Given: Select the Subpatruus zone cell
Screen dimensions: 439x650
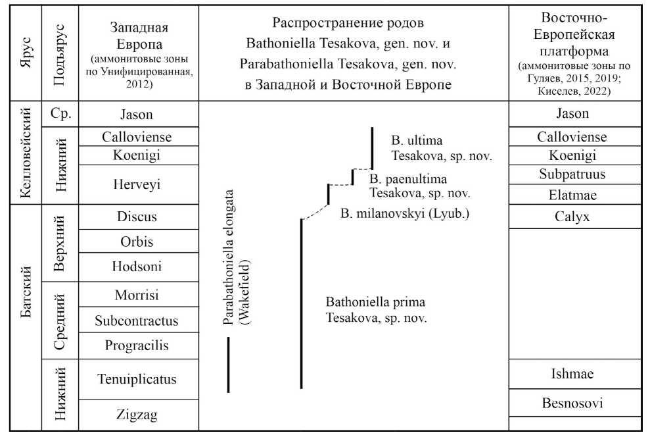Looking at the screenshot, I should pyautogui.click(x=572, y=175).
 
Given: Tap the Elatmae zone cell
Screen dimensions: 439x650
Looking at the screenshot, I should pyautogui.click(x=572, y=195).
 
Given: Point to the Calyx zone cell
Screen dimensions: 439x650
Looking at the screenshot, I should pyautogui.click(x=572, y=217).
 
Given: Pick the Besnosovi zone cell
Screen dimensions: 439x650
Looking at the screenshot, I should pyautogui.click(x=572, y=403).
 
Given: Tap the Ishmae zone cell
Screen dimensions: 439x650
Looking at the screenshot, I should pyautogui.click(x=572, y=374).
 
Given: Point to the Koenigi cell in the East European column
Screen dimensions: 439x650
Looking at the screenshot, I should pyautogui.click(x=572, y=156).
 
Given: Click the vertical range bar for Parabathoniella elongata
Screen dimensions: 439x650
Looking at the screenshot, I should pyautogui.click(x=228, y=365).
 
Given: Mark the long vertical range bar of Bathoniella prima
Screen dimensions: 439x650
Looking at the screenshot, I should pyautogui.click(x=301, y=303).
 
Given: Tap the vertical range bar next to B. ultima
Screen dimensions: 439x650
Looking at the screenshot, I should pyautogui.click(x=372, y=147).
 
